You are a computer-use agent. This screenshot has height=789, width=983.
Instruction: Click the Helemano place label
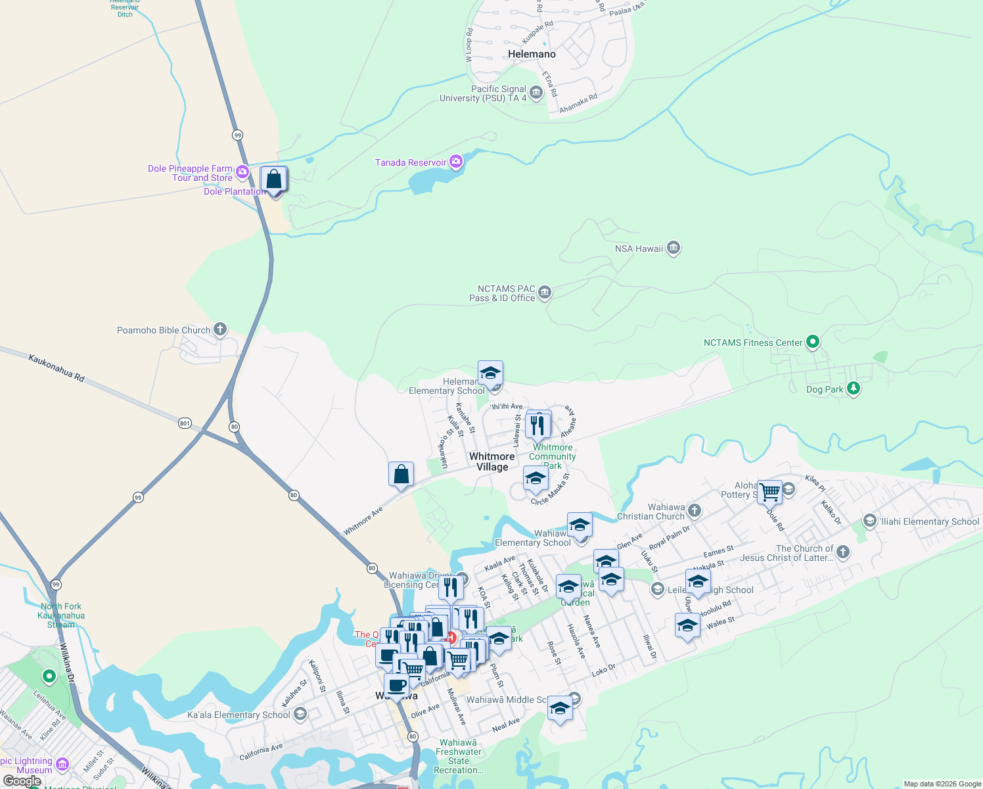tap(532, 54)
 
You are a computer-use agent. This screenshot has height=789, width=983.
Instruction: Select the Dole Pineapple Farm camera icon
tap(242, 172)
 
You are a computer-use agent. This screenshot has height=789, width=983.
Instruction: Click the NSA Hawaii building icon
tap(673, 248)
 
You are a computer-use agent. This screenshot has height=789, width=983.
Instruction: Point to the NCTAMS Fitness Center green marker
tap(813, 342)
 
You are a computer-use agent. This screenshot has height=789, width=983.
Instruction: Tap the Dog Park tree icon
tap(853, 389)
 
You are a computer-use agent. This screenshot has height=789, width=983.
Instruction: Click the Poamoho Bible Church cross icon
tap(220, 329)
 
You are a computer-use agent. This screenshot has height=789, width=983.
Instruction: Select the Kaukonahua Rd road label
tap(57, 368)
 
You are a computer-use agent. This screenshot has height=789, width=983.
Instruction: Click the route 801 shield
tap(185, 423)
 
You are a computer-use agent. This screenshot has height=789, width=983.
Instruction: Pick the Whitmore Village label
tap(492, 462)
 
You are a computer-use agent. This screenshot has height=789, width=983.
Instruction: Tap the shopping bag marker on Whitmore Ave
tap(401, 475)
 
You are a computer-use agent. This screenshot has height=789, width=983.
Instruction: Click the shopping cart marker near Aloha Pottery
tap(769, 491)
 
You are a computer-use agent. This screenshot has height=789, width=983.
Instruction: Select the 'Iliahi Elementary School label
tap(929, 521)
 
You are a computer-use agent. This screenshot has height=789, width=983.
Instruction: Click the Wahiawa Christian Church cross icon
tap(695, 511)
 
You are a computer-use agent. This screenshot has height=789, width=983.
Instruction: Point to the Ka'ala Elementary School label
tap(239, 715)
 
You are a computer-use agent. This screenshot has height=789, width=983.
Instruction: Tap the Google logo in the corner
tap(22, 780)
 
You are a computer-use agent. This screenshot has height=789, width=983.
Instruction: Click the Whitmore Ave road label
tap(363, 521)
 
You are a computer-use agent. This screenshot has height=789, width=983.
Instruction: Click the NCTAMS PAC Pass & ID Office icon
tap(544, 293)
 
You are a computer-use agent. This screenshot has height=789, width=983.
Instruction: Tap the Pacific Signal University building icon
tap(536, 93)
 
